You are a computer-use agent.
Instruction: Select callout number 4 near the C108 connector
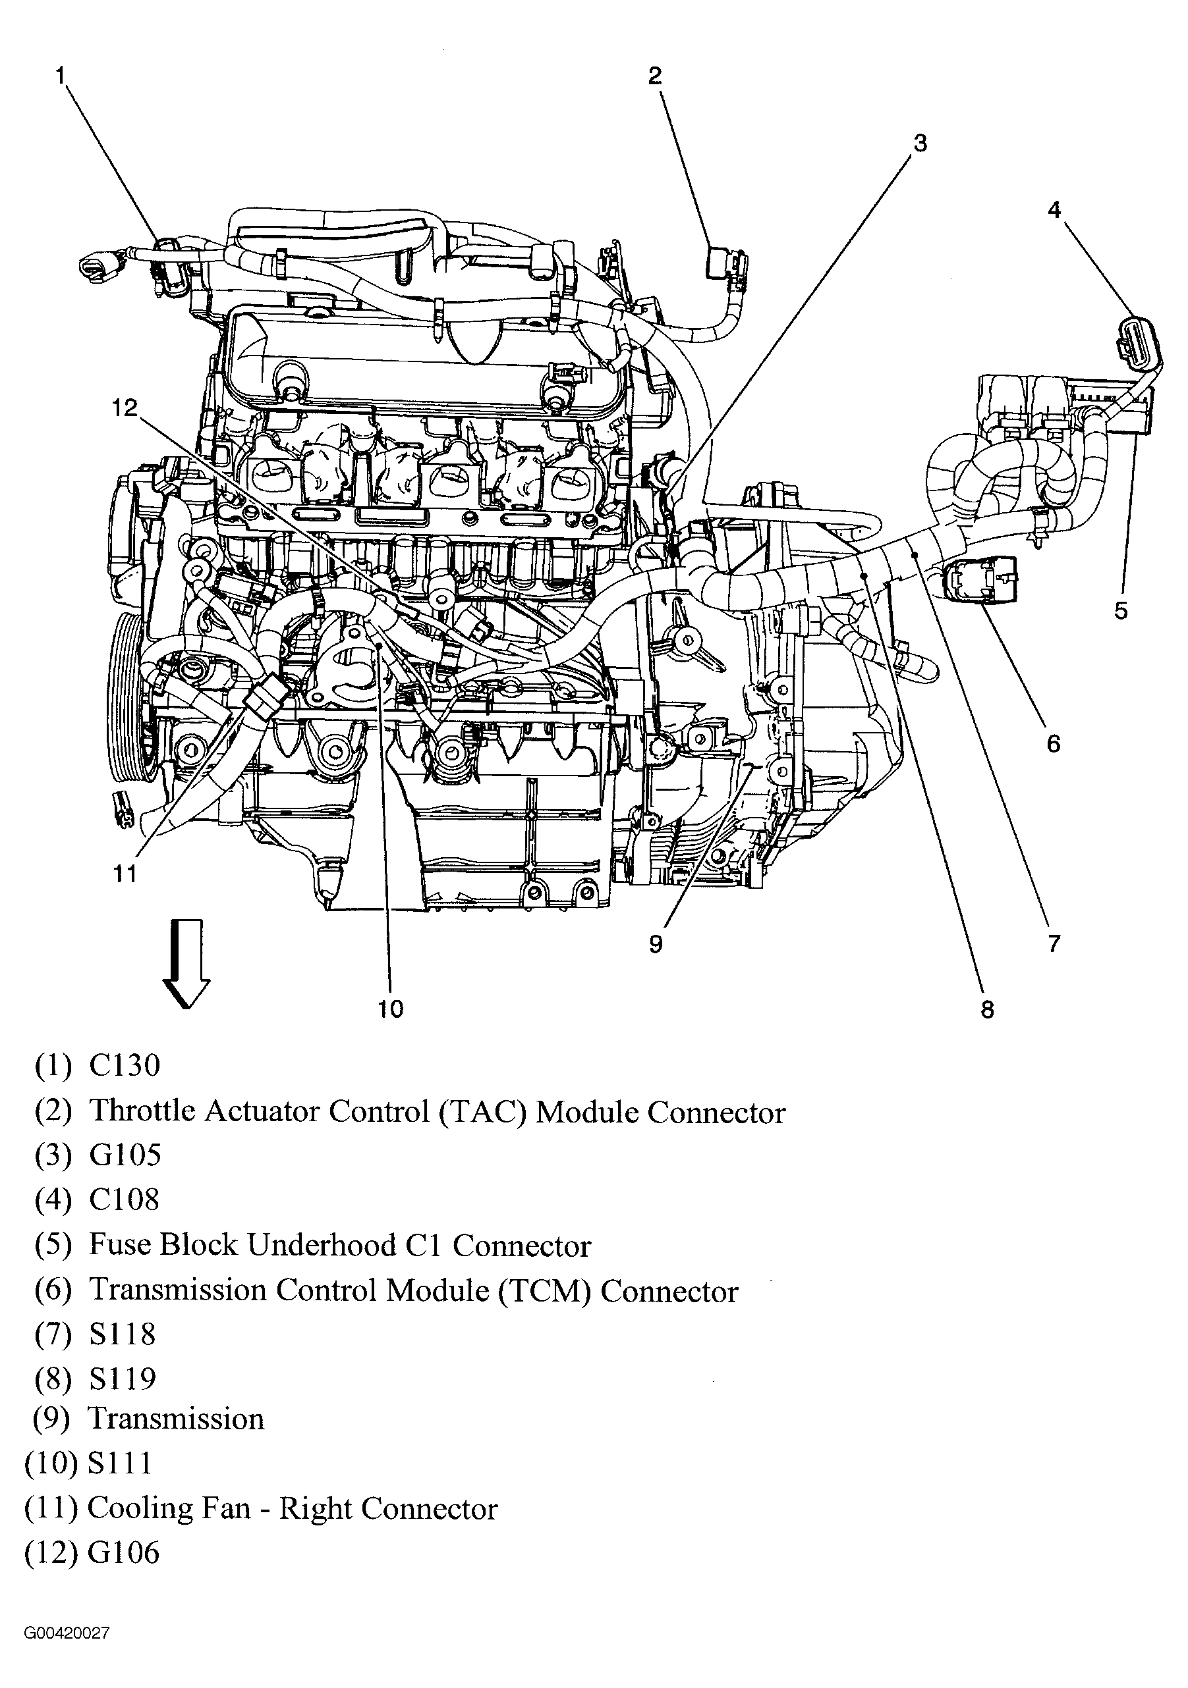pos(1054,209)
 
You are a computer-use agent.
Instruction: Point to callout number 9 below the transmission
pos(656,943)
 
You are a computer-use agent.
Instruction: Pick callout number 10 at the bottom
pos(391,1009)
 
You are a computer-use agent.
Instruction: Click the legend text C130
pos(125,1065)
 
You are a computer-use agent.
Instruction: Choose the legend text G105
pos(125,1155)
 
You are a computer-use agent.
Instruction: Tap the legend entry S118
pos(122,1334)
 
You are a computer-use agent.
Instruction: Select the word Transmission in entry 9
pos(176,1419)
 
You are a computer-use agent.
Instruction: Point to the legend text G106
pos(123,1553)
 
